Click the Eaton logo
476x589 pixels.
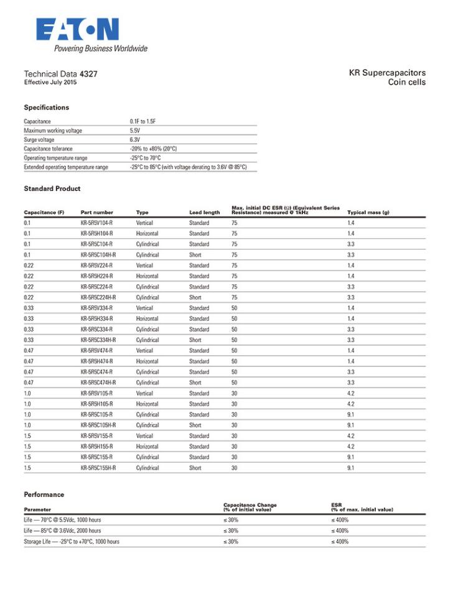pyautogui.click(x=77, y=30)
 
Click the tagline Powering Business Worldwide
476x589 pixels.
pyautogui.click(x=101, y=49)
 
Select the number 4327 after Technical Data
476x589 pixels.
pyautogui.click(x=88, y=74)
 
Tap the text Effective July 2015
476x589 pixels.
pyautogui.click(x=50, y=82)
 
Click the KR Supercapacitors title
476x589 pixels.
pyautogui.click(x=387, y=73)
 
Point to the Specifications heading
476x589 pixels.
pyautogui.click(x=47, y=108)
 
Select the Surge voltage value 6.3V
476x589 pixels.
pyautogui.click(x=135, y=140)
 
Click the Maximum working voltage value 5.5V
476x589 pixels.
pyautogui.click(x=135, y=131)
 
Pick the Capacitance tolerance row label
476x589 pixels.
pyautogui.click(x=48, y=149)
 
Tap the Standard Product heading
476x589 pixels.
pyautogui.click(x=52, y=188)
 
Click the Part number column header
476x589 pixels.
pyautogui.click(x=97, y=213)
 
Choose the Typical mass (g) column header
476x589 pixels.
pyautogui.click(x=368, y=213)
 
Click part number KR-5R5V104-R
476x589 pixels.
pyautogui.click(x=97, y=223)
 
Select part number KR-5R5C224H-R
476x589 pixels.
pyautogui.click(x=98, y=297)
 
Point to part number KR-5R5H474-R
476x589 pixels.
pyautogui.click(x=97, y=361)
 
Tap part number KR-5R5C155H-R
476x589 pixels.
pyautogui.click(x=98, y=468)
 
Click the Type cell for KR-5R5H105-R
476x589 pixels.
pyautogui.click(x=147, y=404)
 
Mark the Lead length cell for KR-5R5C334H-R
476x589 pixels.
pyautogui.click(x=195, y=340)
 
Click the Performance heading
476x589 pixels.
pyautogui.click(x=44, y=494)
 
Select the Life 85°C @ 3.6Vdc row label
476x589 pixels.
pyautogui.click(x=62, y=531)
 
